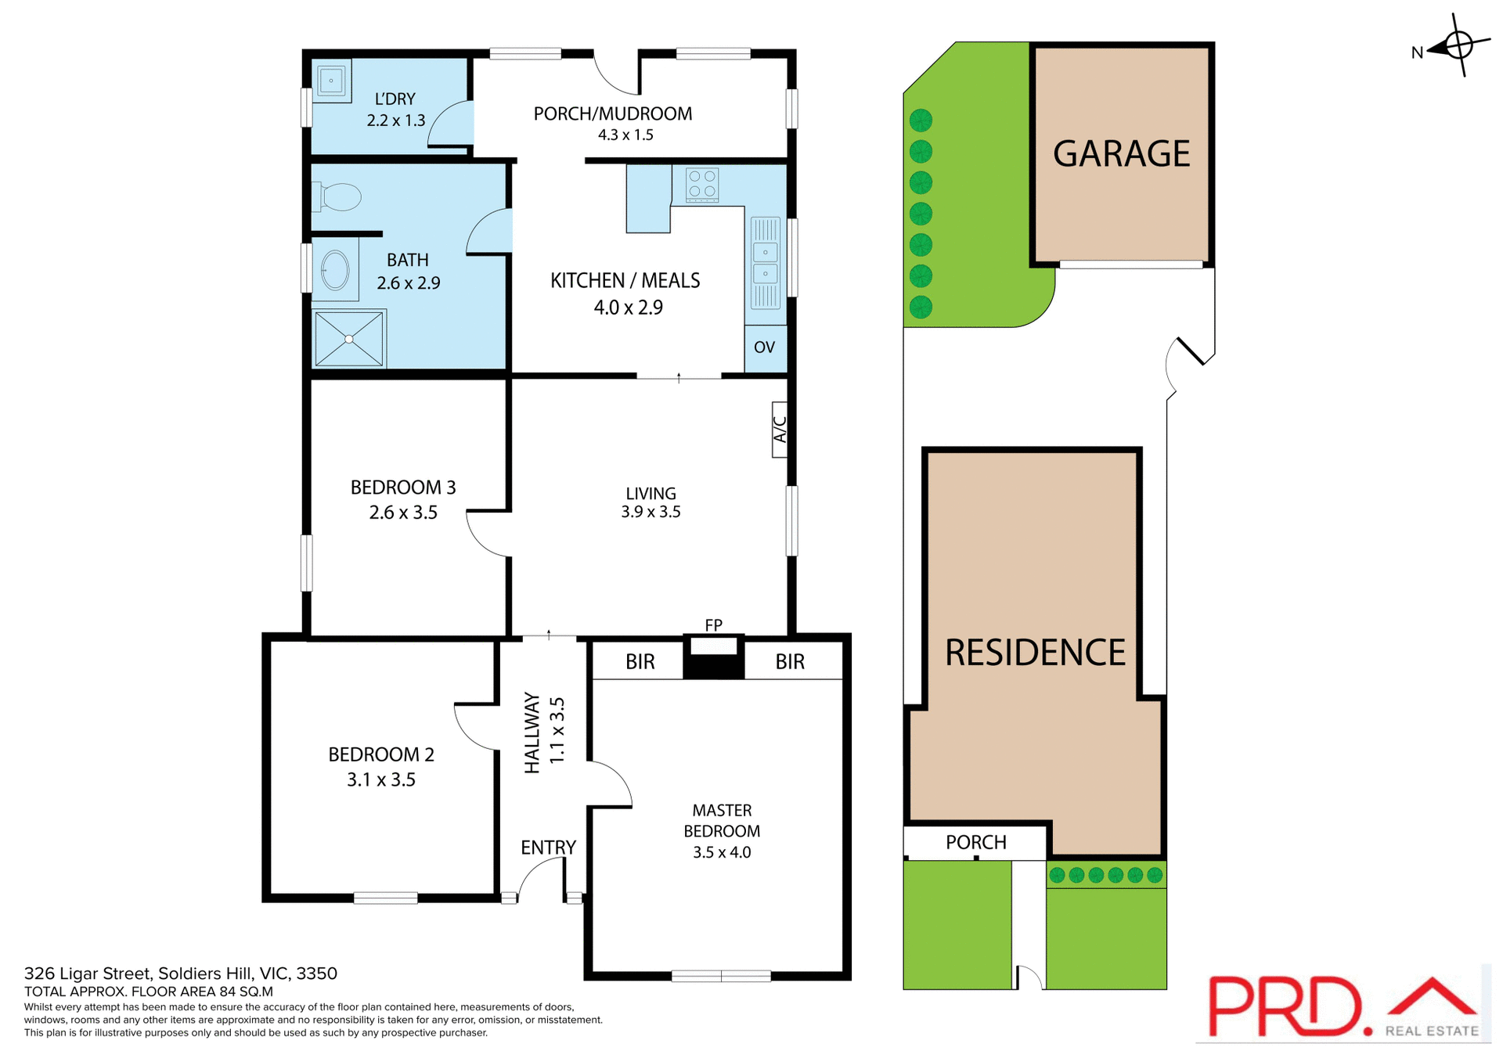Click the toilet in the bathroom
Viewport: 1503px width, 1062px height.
pos(338,196)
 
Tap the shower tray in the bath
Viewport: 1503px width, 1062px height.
pos(349,339)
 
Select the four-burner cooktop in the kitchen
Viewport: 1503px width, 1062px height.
pos(702,185)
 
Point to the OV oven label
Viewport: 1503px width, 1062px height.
pos(764,347)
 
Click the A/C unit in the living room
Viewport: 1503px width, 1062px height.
pos(780,429)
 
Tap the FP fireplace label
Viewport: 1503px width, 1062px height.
pos(713,625)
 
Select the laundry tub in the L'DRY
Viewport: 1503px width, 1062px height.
pos(332,81)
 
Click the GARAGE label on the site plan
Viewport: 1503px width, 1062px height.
pos(1121,154)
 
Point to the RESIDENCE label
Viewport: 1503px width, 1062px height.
pos(1035,653)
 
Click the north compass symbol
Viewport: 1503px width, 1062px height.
pos(1458,45)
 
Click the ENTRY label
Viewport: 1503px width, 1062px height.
pos(548,848)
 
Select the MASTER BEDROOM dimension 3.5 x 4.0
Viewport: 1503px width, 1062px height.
pos(721,852)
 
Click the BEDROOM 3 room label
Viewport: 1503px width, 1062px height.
pos(403,488)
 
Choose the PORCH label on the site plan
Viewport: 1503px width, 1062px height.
pos(975,843)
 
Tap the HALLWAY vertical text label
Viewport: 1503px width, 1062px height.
pos(532,733)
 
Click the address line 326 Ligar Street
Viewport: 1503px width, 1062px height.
pos(180,974)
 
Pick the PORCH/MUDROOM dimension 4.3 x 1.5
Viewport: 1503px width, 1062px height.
pos(625,135)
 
